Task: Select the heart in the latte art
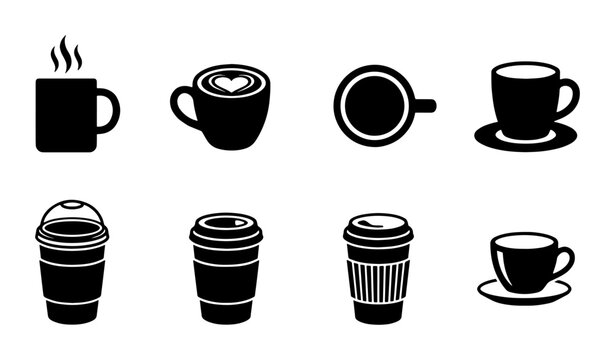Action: [231, 84]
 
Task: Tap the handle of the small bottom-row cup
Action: [564, 262]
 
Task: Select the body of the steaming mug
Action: [66, 115]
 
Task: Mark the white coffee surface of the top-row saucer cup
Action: [524, 71]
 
